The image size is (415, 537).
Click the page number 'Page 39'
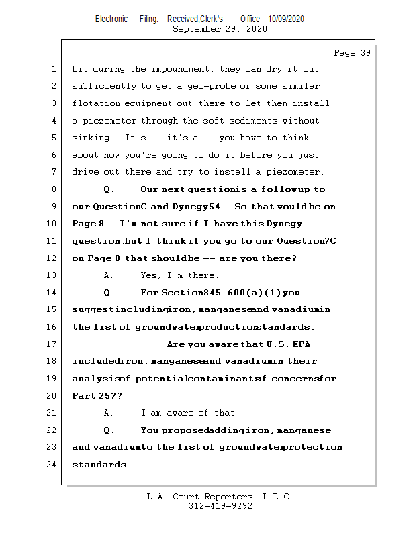pos(352,52)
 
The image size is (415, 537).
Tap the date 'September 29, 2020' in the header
pos(220,29)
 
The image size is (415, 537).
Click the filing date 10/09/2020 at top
pos(285,19)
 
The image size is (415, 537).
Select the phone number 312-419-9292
pos(220,506)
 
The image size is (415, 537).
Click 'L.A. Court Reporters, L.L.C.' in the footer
pos(220,497)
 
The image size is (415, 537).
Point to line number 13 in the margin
pos(53,275)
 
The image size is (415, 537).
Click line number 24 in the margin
pos(53,464)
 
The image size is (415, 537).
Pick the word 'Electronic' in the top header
pos(111,19)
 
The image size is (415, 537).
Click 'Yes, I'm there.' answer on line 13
pos(179,275)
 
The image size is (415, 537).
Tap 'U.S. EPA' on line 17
pos(289,344)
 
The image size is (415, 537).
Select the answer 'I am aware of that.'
pos(190,413)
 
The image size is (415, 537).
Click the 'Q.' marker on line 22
pos(109,430)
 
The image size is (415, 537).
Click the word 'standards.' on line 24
pos(101,464)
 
